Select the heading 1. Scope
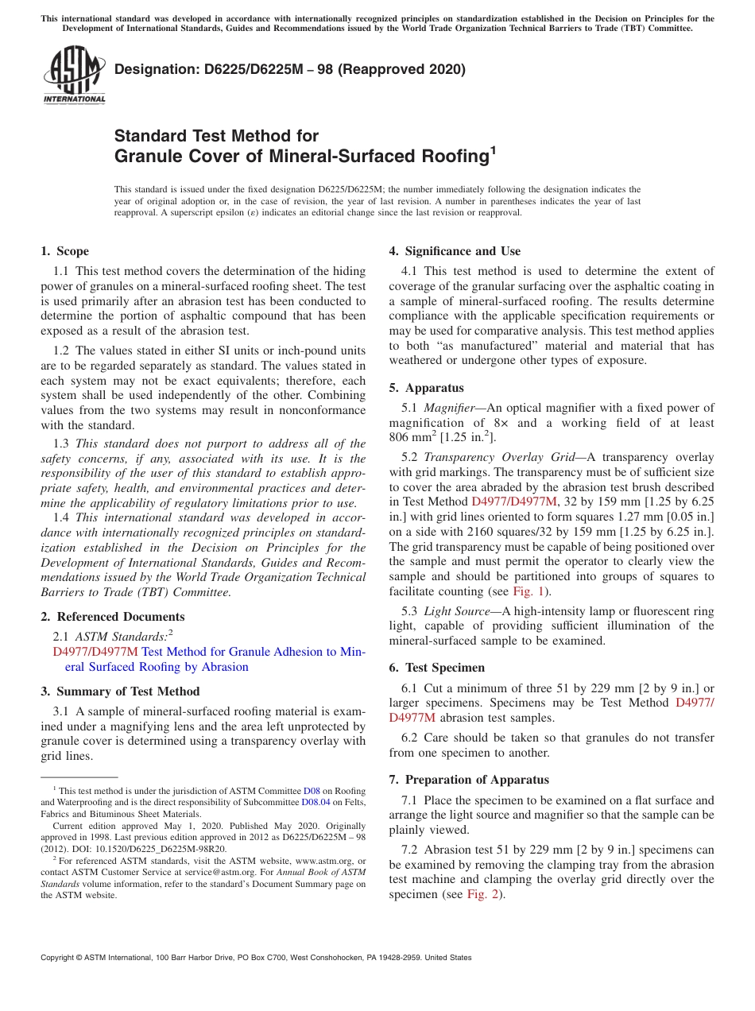(64, 251)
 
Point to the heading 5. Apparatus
(426, 388)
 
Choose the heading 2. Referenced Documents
(112, 616)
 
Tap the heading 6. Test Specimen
(436, 668)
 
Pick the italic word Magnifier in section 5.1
(448, 408)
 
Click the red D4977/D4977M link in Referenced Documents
(95, 652)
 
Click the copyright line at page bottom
(256, 958)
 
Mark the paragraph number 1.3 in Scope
(61, 444)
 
